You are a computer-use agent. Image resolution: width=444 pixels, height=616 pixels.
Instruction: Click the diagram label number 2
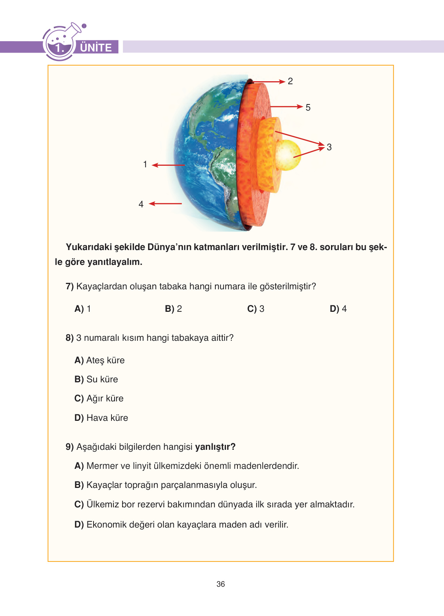[x=290, y=81]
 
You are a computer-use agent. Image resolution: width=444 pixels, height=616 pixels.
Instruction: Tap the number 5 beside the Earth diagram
[x=308, y=107]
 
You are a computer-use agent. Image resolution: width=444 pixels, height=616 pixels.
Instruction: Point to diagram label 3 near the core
[x=329, y=147]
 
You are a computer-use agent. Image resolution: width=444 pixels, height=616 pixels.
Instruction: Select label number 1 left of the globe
[x=145, y=164]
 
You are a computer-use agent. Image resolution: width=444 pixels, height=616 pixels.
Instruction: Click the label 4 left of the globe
[x=141, y=204]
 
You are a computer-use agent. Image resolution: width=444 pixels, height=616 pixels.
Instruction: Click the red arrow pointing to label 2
[x=269, y=82]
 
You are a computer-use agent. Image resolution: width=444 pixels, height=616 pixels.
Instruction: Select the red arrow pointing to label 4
[x=165, y=204]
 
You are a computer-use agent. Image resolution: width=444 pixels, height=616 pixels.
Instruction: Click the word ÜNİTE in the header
[x=96, y=48]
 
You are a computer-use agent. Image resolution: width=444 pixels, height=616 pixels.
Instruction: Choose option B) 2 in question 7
[x=173, y=309]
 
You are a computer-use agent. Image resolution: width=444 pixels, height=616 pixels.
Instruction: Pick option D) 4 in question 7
[x=338, y=309]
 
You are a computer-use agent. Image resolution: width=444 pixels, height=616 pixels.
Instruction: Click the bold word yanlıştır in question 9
[x=215, y=447]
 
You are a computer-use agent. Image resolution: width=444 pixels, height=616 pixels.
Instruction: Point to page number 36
[x=221, y=584]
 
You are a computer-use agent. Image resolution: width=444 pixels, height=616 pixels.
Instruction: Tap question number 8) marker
[x=69, y=338]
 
